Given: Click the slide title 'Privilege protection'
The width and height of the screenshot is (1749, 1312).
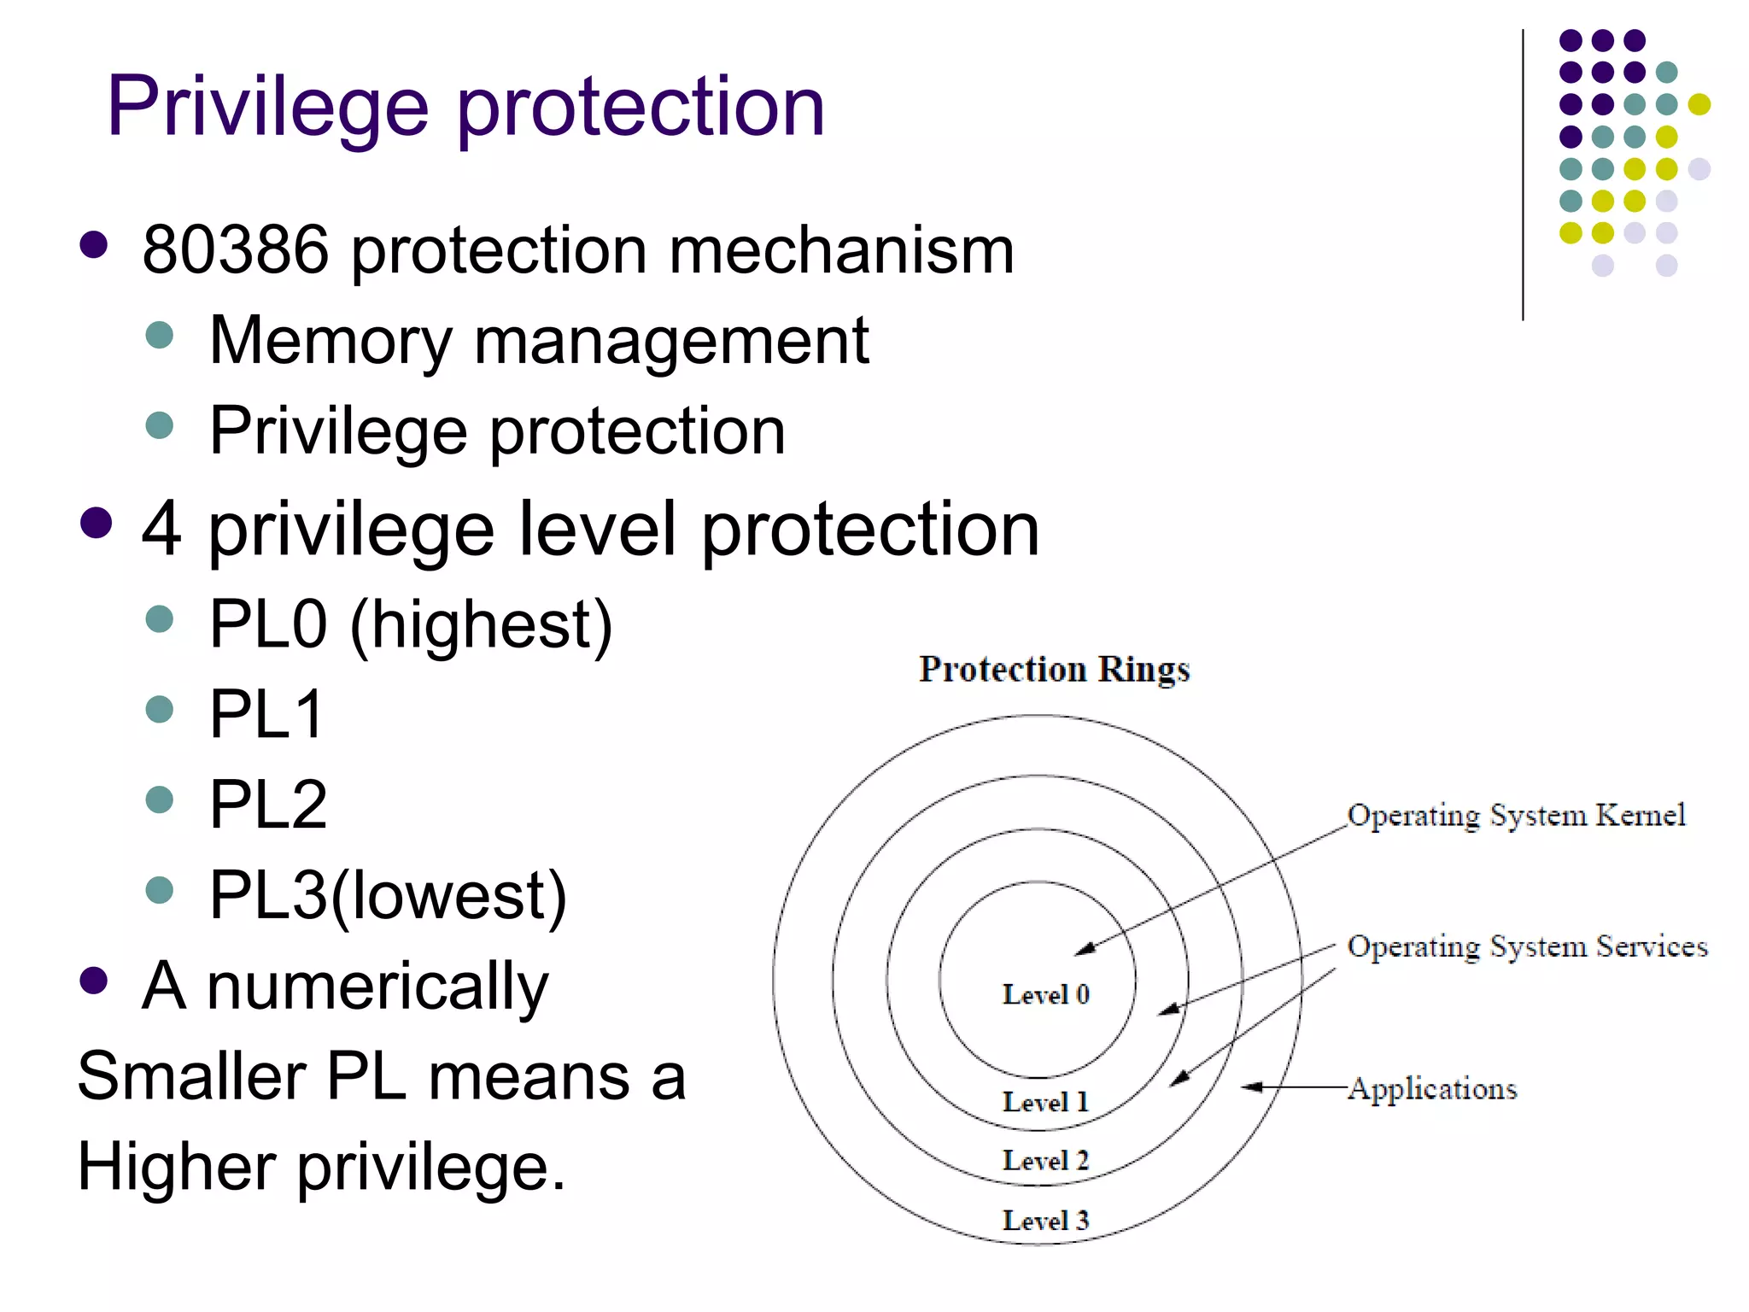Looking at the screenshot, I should (x=465, y=107).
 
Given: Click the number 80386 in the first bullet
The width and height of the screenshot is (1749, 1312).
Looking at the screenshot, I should (x=235, y=250).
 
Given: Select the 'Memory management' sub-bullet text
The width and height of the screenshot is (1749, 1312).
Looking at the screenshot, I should (x=539, y=341).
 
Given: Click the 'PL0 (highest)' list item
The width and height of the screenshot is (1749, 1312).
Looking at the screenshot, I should (x=411, y=625).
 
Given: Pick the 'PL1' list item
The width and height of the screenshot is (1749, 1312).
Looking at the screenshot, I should (x=266, y=715).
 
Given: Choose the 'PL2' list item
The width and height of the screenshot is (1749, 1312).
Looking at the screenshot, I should (x=268, y=805).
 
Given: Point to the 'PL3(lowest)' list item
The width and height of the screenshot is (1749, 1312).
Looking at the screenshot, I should (x=388, y=896).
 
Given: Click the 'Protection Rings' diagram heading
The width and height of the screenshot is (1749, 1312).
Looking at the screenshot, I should (x=1054, y=669).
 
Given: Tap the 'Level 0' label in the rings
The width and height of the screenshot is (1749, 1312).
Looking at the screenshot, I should (x=1045, y=994).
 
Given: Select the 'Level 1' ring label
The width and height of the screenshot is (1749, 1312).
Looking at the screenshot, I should (x=1045, y=1102).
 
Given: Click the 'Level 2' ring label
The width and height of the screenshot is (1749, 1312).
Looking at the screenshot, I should (x=1045, y=1161).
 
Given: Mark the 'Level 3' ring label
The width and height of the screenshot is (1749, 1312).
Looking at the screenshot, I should (x=1045, y=1221).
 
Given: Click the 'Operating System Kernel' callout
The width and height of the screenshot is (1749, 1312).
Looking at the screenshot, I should (x=1516, y=816).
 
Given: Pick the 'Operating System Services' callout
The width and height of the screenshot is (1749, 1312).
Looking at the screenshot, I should (x=1527, y=946).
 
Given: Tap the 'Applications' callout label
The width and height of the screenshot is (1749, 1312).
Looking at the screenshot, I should (x=1432, y=1089).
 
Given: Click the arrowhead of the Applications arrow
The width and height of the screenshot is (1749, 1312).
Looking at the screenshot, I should (x=1249, y=1087).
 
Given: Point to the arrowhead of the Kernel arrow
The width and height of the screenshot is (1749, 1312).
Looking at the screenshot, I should (x=1082, y=949).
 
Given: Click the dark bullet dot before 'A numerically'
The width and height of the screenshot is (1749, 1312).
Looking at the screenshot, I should (x=94, y=981).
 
